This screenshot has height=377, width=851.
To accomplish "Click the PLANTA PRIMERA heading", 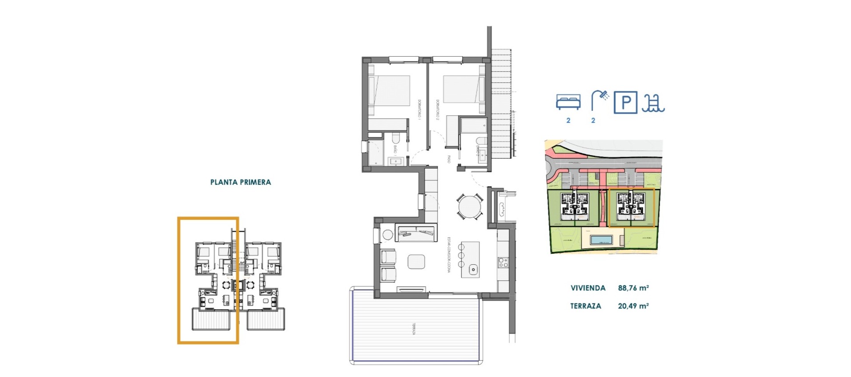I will point(240,182).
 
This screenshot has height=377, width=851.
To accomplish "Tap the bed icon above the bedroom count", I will point(568,102).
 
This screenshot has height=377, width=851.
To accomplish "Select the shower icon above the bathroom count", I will point(600,100).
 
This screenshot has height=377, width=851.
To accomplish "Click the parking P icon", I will point(625,102).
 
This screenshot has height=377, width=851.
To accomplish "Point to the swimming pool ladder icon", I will point(653,103).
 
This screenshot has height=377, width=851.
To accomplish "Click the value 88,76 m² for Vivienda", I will point(633,288).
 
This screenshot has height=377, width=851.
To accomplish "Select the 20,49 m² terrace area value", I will point(633,306).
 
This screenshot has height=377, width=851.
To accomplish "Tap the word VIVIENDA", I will point(588,288).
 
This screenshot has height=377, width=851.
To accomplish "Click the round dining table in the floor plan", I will point(470,207).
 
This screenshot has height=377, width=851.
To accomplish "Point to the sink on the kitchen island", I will point(473,269).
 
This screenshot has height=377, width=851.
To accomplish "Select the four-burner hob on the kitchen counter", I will point(503,262).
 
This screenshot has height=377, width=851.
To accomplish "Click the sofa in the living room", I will point(416,233).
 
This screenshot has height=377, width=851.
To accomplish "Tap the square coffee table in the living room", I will point(416,261).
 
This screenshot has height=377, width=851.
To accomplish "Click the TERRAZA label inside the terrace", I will point(414,329).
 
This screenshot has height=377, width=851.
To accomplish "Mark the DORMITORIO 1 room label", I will point(419,109).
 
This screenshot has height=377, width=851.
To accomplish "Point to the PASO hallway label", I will point(449,159).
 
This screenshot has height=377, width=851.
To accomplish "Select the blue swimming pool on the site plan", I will point(601,240).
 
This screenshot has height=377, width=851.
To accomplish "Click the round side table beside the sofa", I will point(388,235).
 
